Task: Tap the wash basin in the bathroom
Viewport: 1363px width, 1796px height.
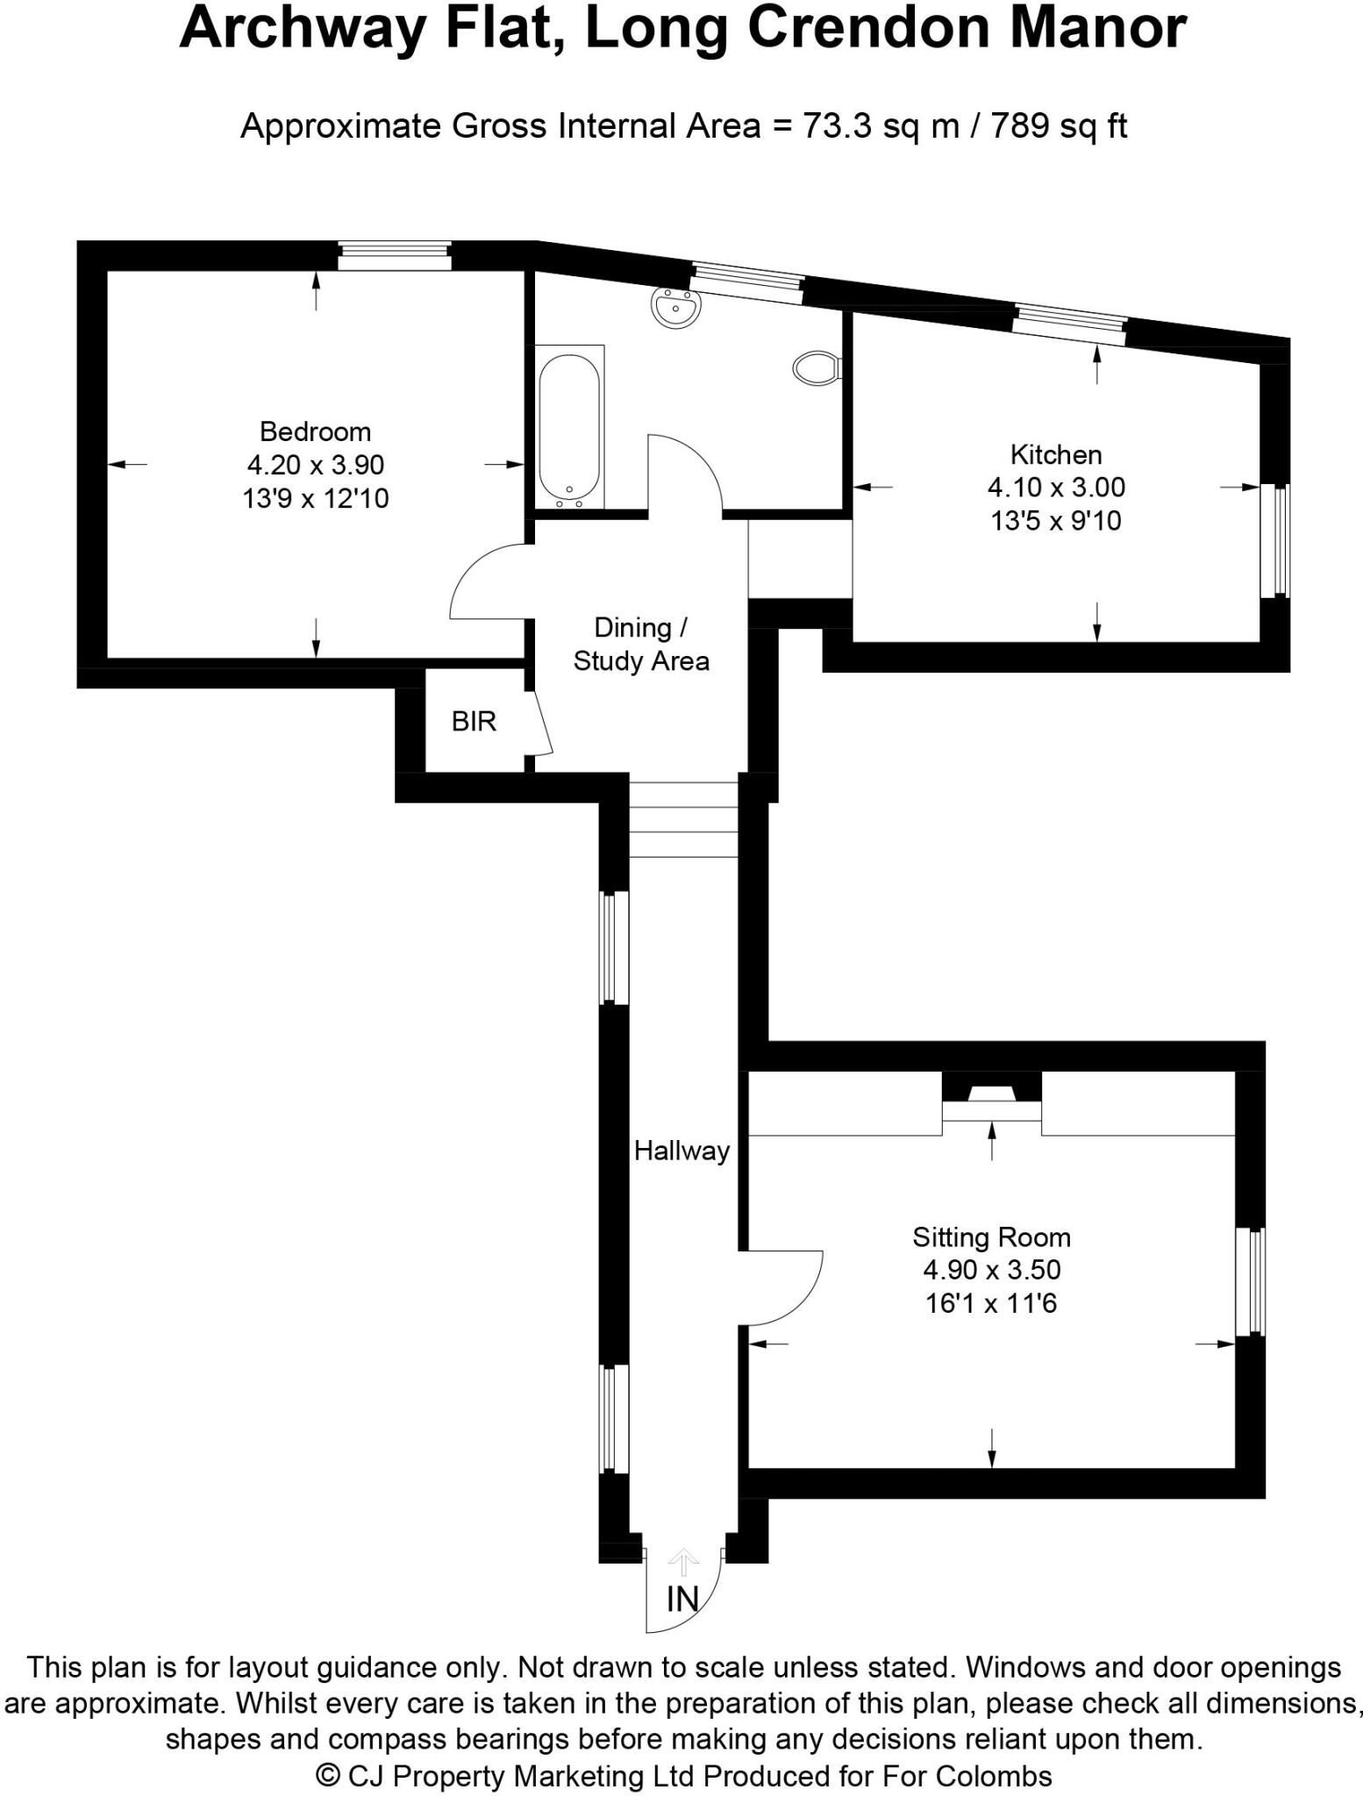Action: pyautogui.click(x=675, y=308)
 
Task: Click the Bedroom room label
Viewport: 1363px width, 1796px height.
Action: pyautogui.click(x=315, y=431)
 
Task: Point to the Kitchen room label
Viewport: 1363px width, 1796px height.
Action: pyautogui.click(x=1056, y=454)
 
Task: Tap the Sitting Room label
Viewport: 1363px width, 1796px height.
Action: pyautogui.click(x=991, y=1237)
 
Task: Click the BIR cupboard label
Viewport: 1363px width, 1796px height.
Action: pyautogui.click(x=474, y=721)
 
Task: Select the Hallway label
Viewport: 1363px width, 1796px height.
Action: pyautogui.click(x=681, y=1151)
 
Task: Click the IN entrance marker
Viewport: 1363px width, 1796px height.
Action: pyautogui.click(x=682, y=1600)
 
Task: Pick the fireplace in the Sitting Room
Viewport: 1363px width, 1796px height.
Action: pyautogui.click(x=992, y=1102)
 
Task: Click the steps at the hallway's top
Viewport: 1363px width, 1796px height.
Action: pyautogui.click(x=683, y=819)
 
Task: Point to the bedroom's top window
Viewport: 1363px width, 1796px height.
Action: pyautogui.click(x=395, y=257)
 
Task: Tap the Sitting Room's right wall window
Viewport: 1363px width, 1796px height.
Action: pyautogui.click(x=1251, y=1281)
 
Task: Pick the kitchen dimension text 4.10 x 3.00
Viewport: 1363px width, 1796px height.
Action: pyautogui.click(x=1056, y=487)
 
